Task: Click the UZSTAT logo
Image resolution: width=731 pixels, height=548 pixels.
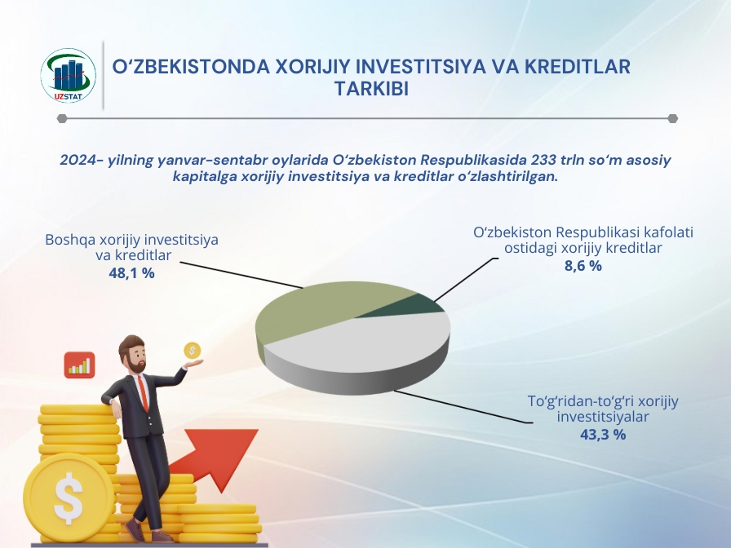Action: click(x=68, y=76)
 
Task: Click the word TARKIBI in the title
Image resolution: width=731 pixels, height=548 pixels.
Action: click(x=371, y=89)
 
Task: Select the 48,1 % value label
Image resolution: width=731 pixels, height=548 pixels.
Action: click(x=131, y=273)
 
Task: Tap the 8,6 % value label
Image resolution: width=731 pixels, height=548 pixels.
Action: click(x=583, y=266)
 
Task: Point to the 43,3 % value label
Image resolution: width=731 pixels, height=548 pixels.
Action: click(x=603, y=435)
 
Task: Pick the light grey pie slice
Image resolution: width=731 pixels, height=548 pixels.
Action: click(x=368, y=345)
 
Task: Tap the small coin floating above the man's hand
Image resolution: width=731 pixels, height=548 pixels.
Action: click(x=192, y=351)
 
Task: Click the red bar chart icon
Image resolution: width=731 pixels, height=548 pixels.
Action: click(x=80, y=365)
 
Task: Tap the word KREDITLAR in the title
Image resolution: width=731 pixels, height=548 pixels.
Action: click(x=578, y=67)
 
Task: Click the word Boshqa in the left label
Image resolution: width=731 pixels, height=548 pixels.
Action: click(x=69, y=241)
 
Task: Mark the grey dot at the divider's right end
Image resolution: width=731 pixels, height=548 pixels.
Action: click(x=672, y=118)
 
